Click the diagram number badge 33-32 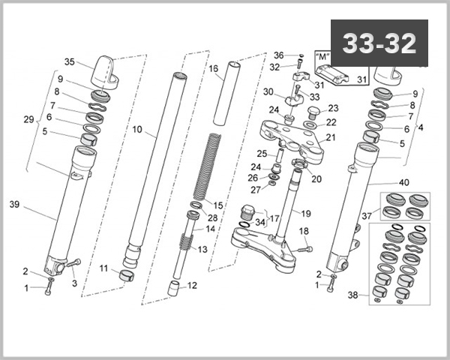[x=379, y=44]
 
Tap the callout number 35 [x=70, y=62]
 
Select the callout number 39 [x=13, y=205]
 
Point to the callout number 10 [x=137, y=129]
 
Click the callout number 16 [x=214, y=68]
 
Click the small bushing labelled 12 [x=174, y=288]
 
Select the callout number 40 [x=404, y=182]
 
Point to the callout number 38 [x=353, y=295]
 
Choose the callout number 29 [x=29, y=120]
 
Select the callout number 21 [x=331, y=137]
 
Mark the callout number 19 [x=306, y=214]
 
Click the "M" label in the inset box [x=323, y=55]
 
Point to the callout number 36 [x=279, y=55]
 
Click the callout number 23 [x=333, y=108]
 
